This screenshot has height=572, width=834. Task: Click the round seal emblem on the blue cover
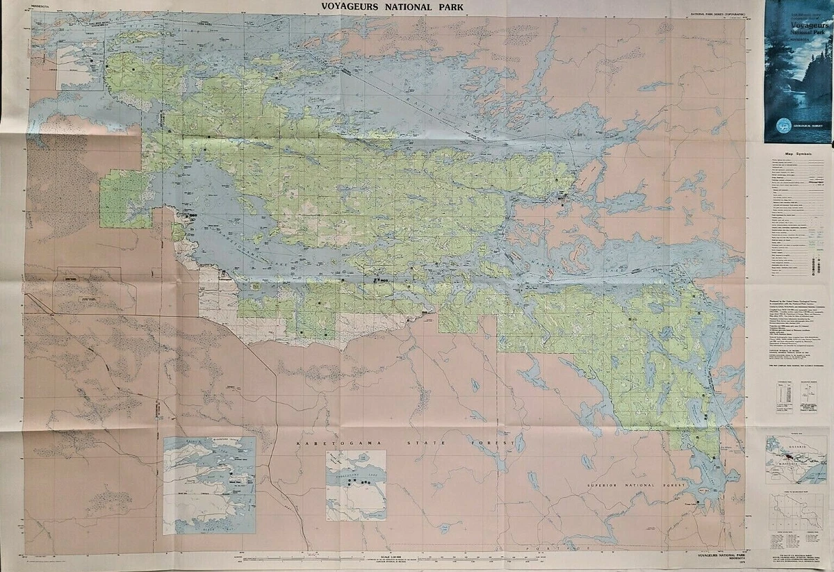776,128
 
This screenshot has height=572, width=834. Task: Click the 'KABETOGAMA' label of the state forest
327,443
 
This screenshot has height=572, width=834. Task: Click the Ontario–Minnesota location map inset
796,459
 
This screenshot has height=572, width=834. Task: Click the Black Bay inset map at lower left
208,485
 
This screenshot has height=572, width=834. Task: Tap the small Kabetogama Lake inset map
356,485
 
